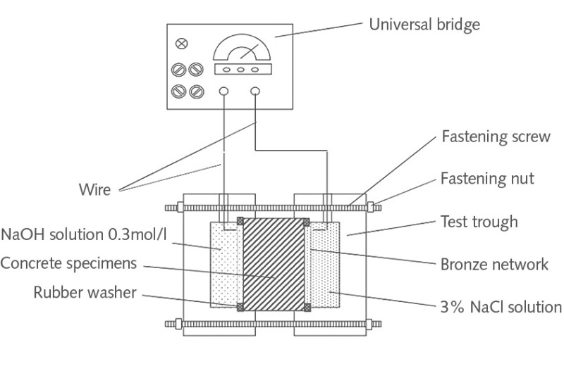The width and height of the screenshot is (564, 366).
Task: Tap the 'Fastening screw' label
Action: (495, 137)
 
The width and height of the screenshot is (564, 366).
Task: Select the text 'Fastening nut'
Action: (486, 179)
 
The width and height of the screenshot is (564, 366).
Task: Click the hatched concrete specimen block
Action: (274, 264)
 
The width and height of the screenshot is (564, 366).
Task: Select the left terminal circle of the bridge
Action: (224, 91)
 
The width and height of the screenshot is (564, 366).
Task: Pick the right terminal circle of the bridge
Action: (255, 91)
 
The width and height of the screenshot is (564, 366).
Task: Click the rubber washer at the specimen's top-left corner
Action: (241, 221)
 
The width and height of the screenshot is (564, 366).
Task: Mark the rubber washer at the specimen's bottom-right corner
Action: (307, 307)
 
